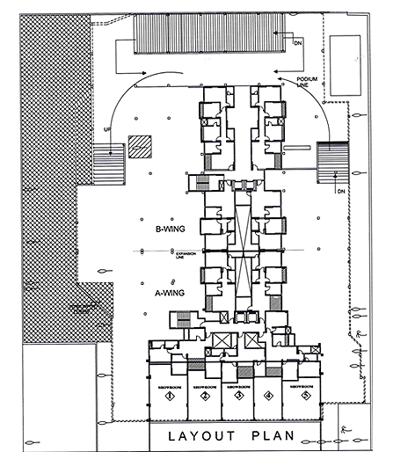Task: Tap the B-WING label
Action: pos(168,230)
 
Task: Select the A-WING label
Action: pos(168,286)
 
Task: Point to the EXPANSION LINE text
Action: pos(185,254)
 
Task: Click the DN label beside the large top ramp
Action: pos(297,41)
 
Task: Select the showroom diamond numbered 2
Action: pos(205,397)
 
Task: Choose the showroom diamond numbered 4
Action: pos(268,397)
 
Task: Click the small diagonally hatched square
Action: pos(139,146)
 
